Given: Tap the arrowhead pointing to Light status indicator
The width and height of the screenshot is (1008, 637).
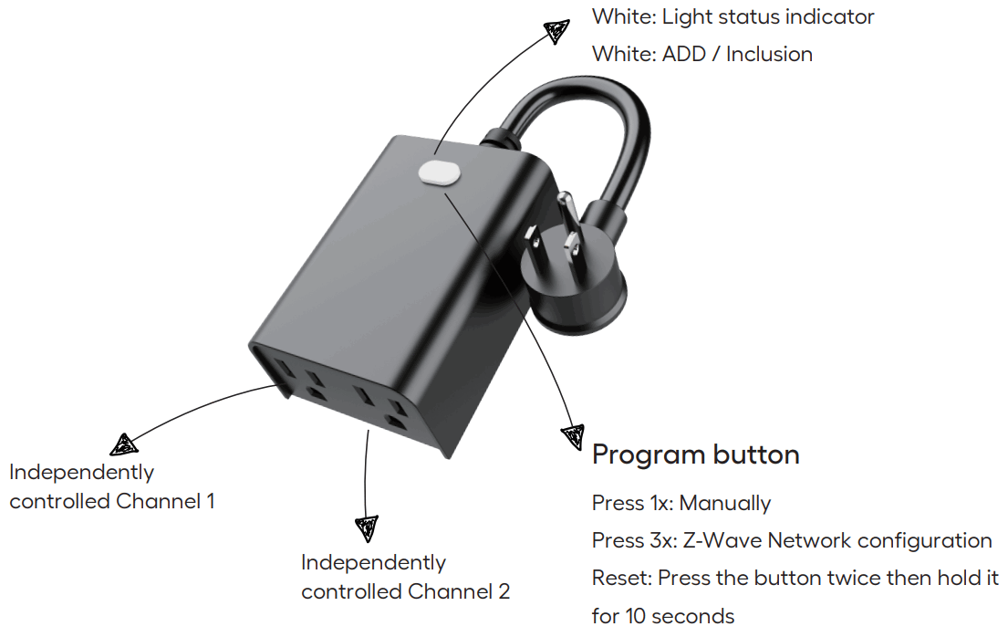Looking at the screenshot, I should (x=556, y=32).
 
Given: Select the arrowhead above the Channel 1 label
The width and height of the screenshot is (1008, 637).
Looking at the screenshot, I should (x=123, y=445).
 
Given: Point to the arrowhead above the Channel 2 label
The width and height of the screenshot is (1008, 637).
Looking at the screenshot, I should (x=366, y=527).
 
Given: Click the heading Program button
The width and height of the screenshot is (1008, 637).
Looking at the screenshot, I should (x=695, y=454).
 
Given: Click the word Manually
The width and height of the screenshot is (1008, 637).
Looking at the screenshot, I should (x=725, y=503).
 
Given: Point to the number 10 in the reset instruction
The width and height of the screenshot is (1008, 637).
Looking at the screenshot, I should (x=637, y=616).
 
